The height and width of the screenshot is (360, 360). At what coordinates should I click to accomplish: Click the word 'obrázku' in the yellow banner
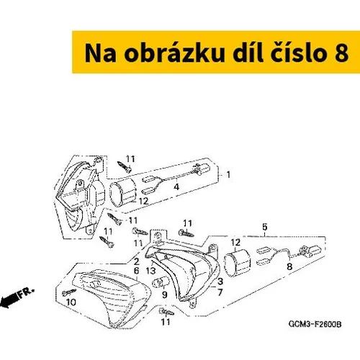(x=174, y=53)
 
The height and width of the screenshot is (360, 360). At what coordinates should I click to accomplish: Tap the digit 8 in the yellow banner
(x=341, y=53)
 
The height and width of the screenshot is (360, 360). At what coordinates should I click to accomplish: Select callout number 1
(x=228, y=174)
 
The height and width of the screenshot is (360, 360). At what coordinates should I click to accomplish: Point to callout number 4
(x=176, y=186)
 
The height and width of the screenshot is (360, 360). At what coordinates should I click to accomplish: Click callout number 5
(x=264, y=227)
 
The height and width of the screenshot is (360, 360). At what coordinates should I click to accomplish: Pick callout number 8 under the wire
(x=289, y=266)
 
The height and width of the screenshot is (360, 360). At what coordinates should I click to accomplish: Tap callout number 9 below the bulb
(x=165, y=294)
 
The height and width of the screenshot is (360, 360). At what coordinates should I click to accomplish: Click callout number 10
(x=71, y=302)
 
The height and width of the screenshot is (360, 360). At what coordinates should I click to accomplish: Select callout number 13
(x=150, y=271)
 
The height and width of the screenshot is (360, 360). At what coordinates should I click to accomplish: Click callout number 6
(x=136, y=271)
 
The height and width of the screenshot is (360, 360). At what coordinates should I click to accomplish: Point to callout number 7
(x=220, y=292)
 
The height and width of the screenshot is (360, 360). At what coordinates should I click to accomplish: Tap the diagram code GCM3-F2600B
(x=315, y=324)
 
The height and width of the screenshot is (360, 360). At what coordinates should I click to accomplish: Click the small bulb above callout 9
(x=161, y=282)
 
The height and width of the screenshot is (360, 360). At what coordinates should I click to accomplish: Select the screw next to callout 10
(x=69, y=292)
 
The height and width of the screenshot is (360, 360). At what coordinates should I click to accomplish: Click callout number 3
(x=220, y=282)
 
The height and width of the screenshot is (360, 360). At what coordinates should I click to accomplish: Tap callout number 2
(x=136, y=261)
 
